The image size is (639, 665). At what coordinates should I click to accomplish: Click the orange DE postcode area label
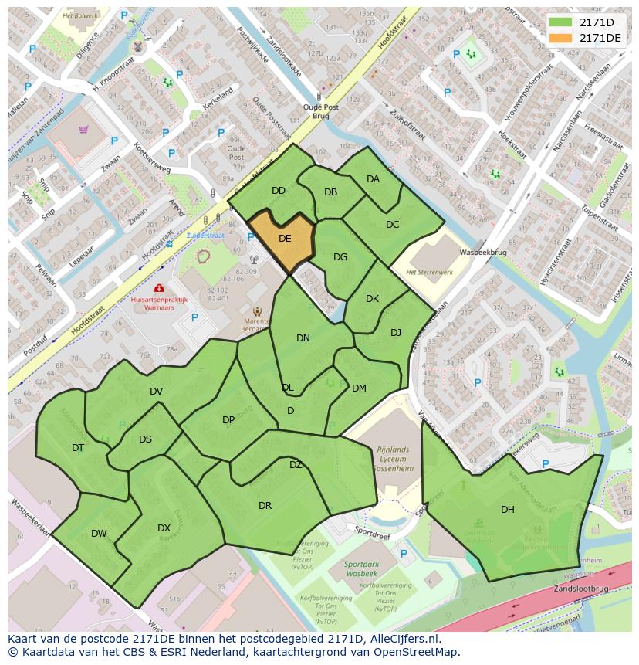pos(285,239)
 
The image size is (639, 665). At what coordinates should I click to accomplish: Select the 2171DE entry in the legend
pos(600,38)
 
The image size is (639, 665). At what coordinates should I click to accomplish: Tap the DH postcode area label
pos(507,509)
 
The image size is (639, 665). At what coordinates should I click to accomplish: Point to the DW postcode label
pos(99,533)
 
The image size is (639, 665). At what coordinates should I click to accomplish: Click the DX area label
pos(164,528)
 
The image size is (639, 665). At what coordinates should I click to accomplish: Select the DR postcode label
pos(265,506)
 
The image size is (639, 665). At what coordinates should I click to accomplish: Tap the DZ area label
pos(296,465)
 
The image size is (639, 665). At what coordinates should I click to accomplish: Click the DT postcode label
pos(78,448)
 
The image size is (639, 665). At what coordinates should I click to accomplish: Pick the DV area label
pos(156,392)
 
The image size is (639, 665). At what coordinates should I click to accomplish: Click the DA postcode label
pos(373,179)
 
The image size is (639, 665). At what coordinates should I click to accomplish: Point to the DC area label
pos(392,225)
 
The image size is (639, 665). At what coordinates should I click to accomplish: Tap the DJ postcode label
pos(396,333)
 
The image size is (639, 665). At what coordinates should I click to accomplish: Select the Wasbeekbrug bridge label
pos(482,253)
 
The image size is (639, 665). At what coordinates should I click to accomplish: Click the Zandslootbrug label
pos(581,589)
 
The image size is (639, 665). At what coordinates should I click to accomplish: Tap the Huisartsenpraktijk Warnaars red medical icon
pos(158,288)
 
